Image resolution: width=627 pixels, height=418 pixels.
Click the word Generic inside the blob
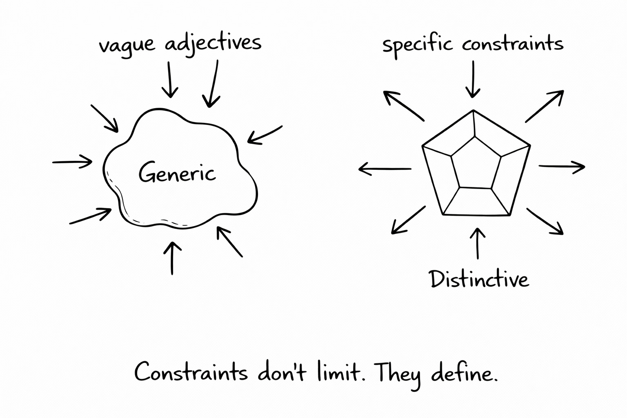177,173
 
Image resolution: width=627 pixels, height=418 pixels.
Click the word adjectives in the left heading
213,43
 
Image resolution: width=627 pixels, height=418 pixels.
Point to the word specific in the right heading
417,44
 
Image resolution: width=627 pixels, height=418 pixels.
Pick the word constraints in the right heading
513,43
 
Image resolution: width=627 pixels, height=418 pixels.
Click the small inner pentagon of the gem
476,163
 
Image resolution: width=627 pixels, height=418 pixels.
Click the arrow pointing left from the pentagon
385,169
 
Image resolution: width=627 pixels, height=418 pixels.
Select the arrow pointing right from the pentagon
562,167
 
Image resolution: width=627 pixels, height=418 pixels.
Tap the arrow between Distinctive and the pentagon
478,243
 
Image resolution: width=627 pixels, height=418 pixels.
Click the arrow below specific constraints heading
473,80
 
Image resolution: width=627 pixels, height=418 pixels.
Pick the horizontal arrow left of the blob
72,162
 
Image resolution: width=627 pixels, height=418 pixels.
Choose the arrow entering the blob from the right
265,134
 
